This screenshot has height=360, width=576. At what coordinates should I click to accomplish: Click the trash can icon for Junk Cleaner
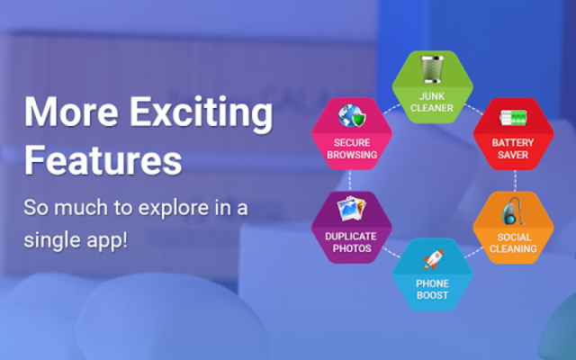point(432,69)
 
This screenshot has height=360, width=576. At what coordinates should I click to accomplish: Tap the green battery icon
point(513,118)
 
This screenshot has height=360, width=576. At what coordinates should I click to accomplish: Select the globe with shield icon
point(352,116)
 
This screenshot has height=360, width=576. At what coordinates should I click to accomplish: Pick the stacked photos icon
point(352,208)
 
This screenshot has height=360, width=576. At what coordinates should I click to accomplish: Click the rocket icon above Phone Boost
point(434,259)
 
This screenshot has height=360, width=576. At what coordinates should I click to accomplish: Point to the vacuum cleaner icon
point(513,211)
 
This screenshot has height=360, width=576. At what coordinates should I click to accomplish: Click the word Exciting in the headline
point(201,112)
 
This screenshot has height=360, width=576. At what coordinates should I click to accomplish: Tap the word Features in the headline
point(103,160)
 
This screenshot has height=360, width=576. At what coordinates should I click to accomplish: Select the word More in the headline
point(71,112)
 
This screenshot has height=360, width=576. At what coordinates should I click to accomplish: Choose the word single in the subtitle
point(52,241)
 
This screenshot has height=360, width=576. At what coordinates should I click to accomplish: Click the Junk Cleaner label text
point(432,102)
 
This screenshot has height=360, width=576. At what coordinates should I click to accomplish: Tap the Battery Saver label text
point(513,148)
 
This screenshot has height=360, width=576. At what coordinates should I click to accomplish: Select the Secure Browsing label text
point(352,148)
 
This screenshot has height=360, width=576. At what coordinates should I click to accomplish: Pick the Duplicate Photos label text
point(351,242)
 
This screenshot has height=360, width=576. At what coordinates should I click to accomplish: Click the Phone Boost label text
point(432,290)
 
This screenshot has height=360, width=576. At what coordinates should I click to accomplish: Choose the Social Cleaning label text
point(513,243)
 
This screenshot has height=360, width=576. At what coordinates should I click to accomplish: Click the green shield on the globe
point(359,120)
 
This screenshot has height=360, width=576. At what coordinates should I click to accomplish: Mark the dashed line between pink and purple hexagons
point(350,180)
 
